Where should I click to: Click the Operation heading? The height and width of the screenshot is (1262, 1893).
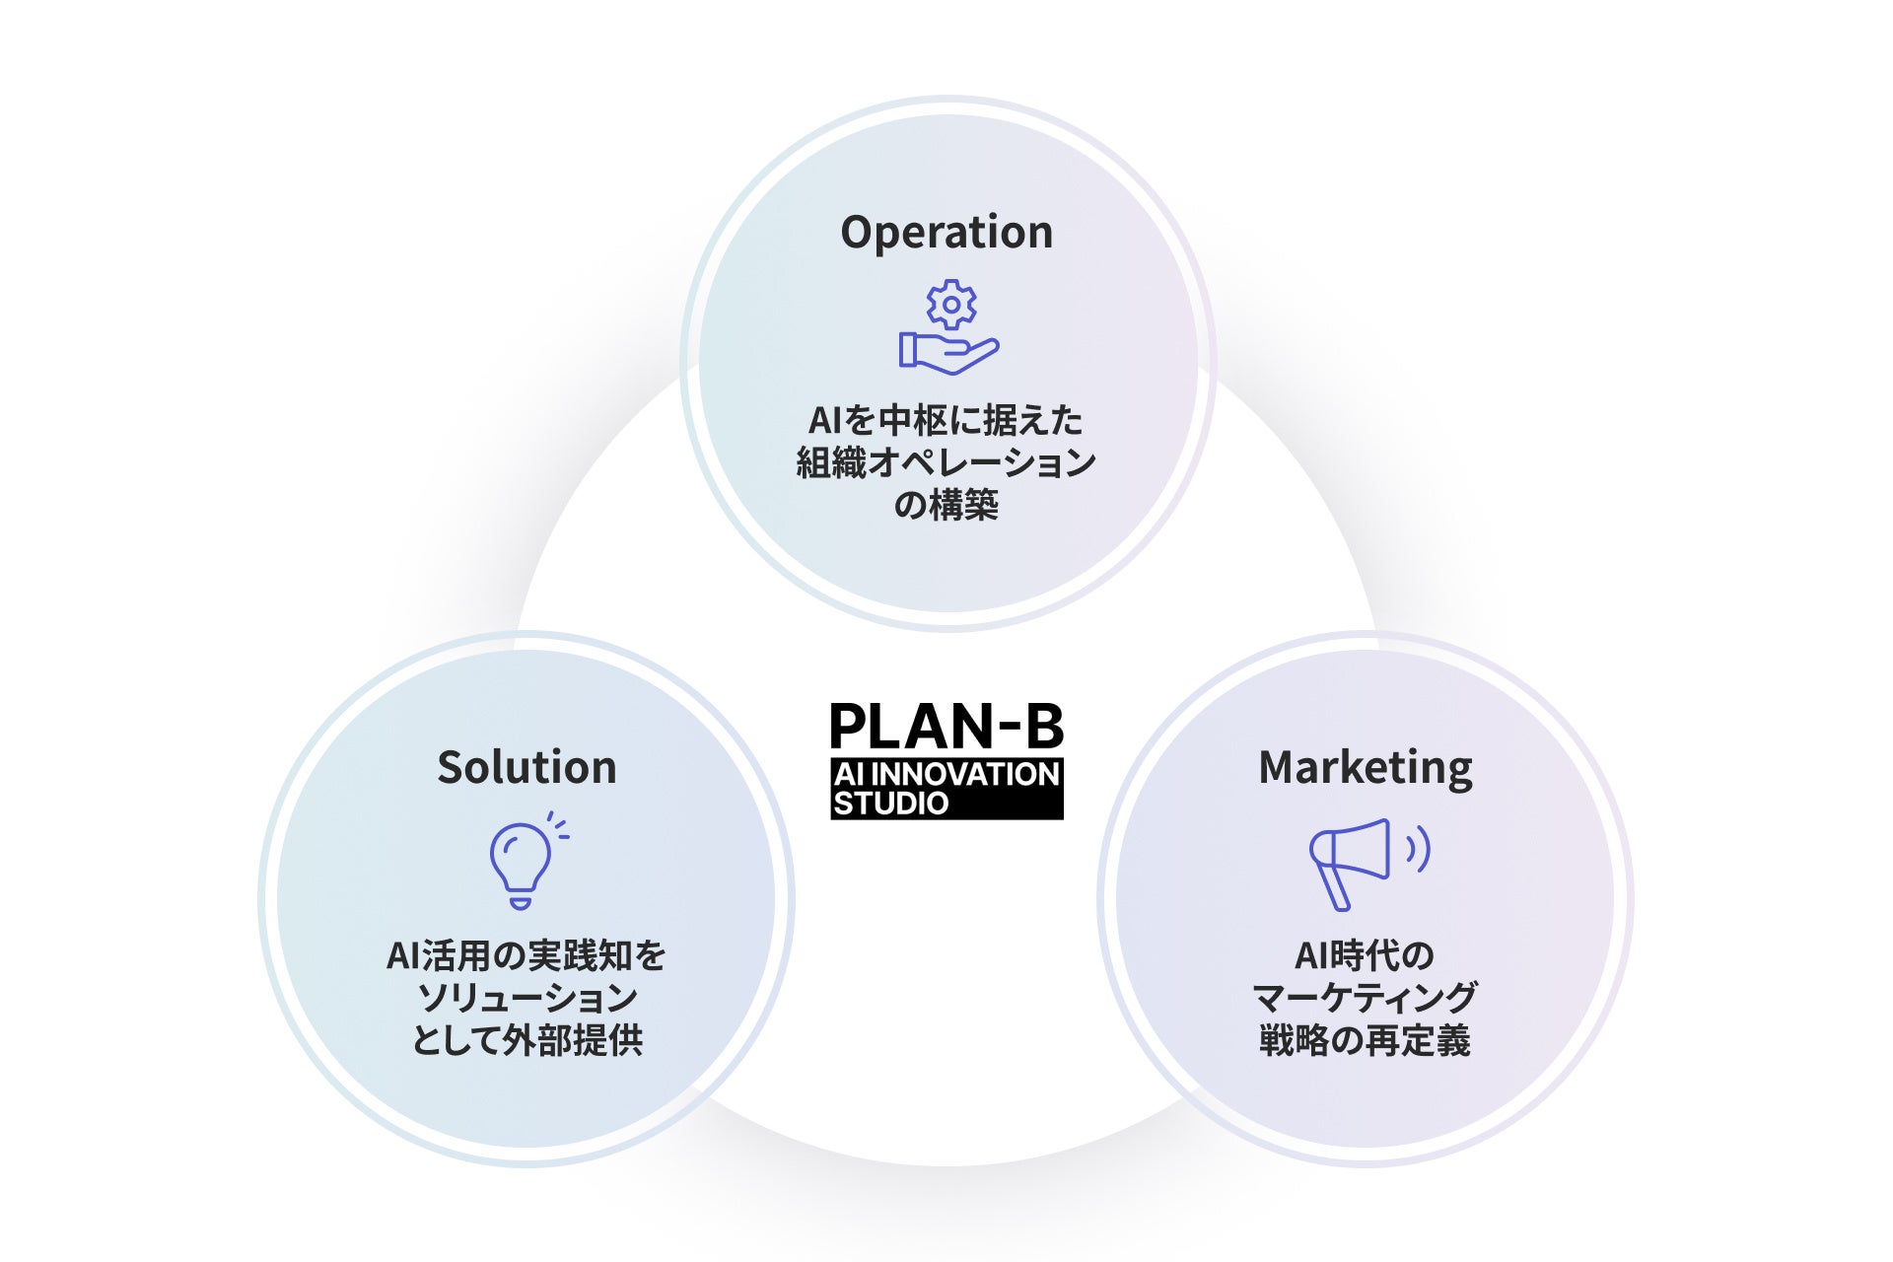coord(946,233)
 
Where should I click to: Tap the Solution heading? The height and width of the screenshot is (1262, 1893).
coord(526,767)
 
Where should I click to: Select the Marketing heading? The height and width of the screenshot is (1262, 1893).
coord(1366,768)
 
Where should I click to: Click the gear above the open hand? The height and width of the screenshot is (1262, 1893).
coord(951,305)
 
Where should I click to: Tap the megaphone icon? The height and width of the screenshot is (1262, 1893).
coord(1350,861)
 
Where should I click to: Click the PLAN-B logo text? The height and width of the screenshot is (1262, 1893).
coord(946,727)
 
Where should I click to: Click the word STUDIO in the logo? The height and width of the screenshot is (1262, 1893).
coord(890,804)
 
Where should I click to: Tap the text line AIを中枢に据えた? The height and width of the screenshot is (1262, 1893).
coord(946,421)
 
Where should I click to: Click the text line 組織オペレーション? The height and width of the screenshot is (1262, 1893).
coord(946,462)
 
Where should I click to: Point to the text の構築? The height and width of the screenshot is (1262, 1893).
coord(946,505)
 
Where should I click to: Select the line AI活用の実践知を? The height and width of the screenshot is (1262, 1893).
coord(526,955)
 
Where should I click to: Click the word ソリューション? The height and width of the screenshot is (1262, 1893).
coord(526,998)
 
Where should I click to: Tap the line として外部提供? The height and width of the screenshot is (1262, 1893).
coord(526,1040)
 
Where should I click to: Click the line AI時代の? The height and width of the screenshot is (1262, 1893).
coord(1365,955)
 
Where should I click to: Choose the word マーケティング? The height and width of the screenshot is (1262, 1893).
coord(1365,998)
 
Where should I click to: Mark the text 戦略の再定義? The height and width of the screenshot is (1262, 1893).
coord(1365,1040)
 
